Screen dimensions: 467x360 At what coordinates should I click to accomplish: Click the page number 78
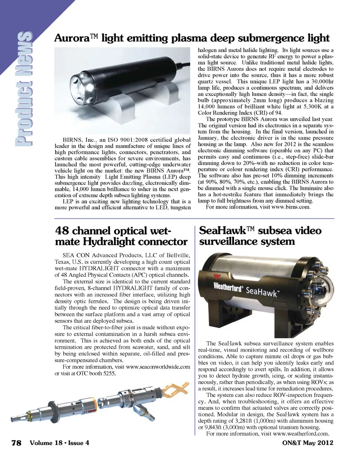16,443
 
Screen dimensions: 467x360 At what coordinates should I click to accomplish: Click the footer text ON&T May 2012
307,443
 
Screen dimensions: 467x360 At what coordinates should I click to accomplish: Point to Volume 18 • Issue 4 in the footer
59,443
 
